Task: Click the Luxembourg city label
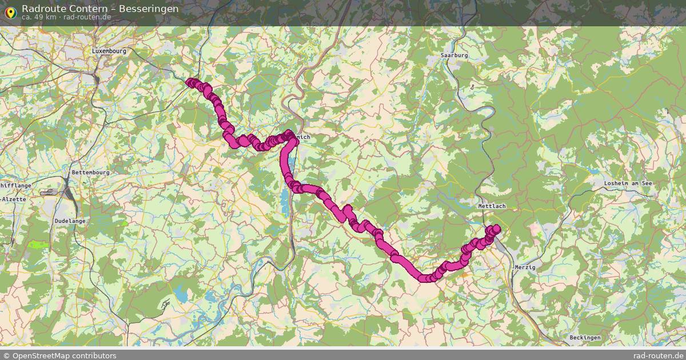pyautogui.click(x=109, y=51)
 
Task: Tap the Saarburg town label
pyautogui.click(x=454, y=55)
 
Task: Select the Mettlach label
pyautogui.click(x=492, y=206)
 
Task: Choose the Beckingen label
pyautogui.click(x=585, y=338)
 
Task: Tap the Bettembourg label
pyautogui.click(x=90, y=173)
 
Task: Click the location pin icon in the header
pyautogui.click(x=10, y=12)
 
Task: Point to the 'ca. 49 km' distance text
pyautogui.click(x=39, y=17)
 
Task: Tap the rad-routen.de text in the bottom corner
pyautogui.click(x=659, y=355)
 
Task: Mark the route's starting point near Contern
pyautogui.click(x=190, y=82)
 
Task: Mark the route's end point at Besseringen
pyautogui.click(x=496, y=229)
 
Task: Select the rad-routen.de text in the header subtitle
pyautogui.click(x=87, y=17)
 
